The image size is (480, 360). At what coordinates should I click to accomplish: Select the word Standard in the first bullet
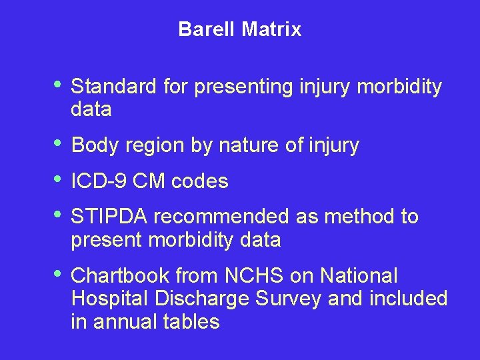[113, 87]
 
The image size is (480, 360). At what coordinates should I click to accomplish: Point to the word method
[355, 217]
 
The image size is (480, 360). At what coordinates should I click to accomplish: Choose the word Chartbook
[120, 275]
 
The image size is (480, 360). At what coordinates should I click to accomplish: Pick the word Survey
[289, 299]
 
